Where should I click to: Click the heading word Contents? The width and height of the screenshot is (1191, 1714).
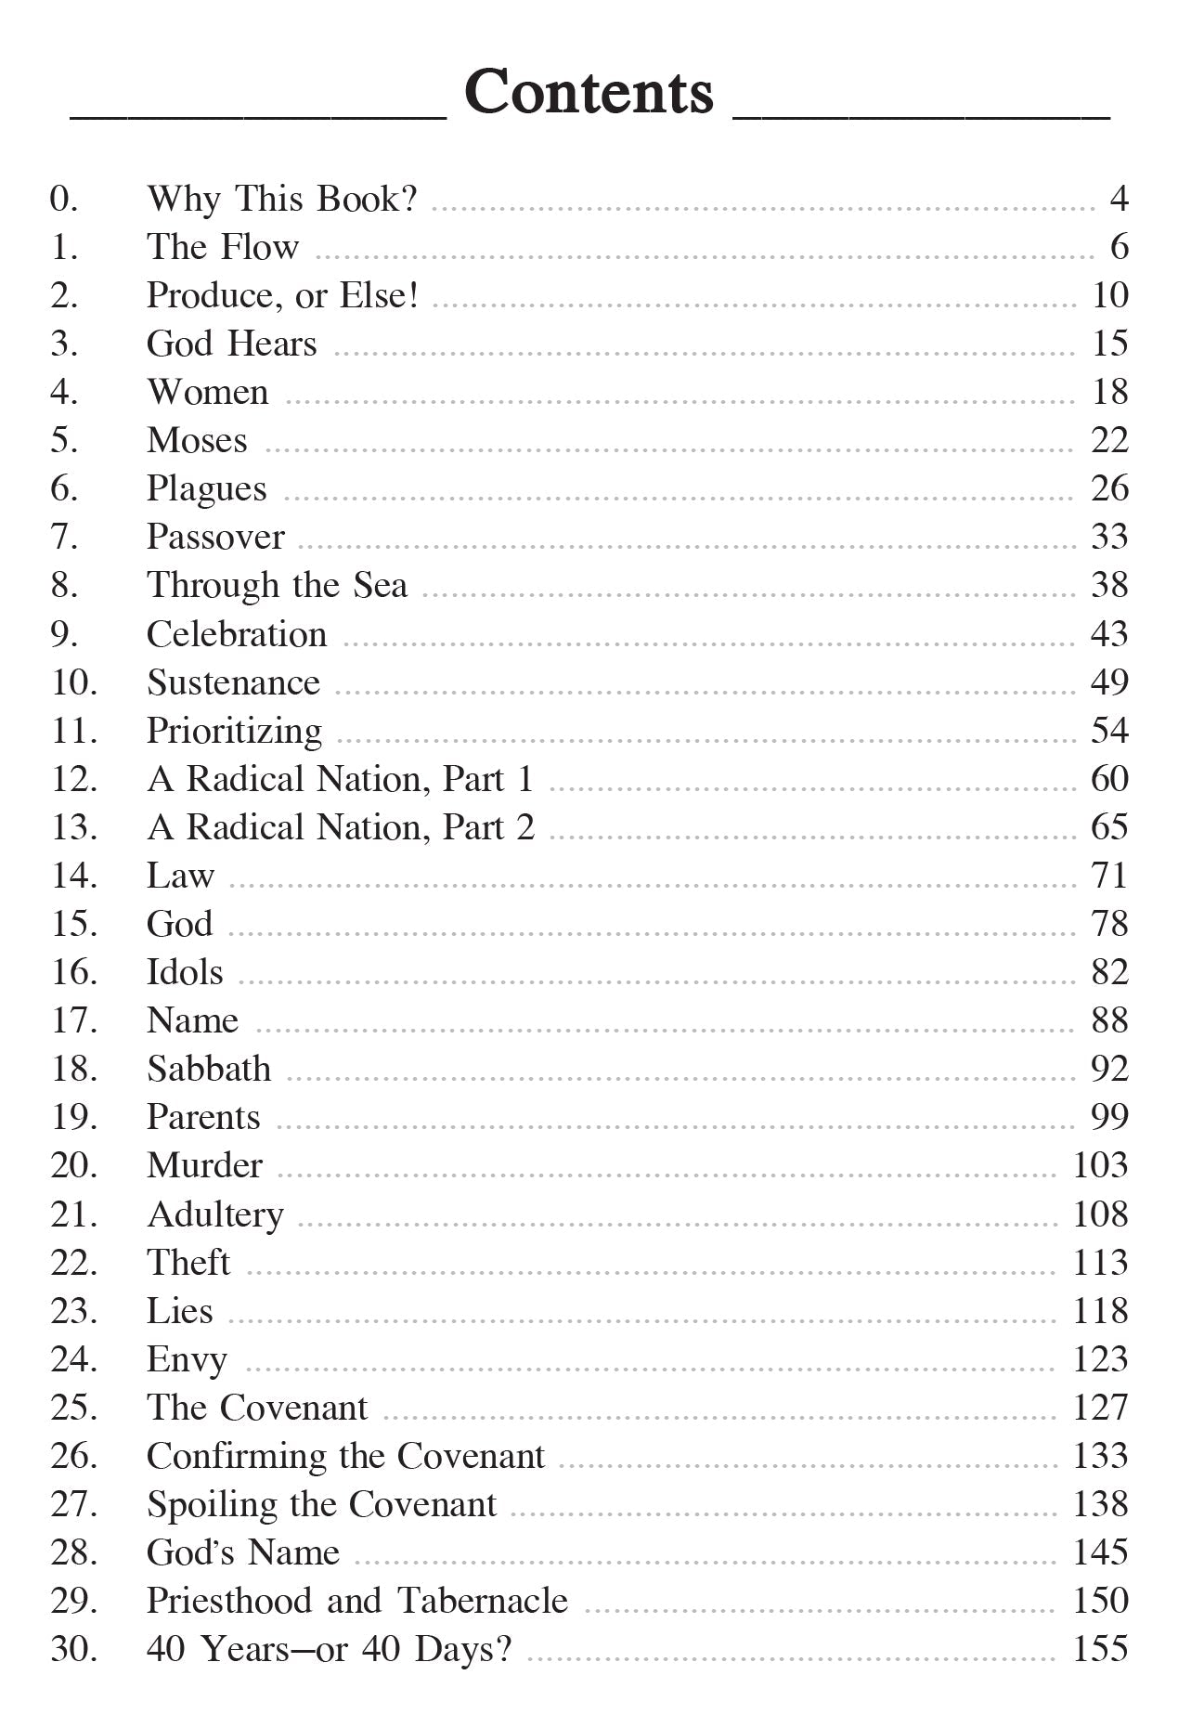pos(589,93)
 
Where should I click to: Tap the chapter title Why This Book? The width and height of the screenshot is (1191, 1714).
pos(282,199)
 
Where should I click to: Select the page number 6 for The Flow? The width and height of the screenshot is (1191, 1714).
pos(1119,247)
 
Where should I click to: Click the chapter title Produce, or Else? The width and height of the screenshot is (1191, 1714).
pos(282,295)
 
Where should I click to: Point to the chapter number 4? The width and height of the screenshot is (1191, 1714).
pos(64,392)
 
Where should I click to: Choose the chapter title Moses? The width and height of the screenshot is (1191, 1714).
pos(197,440)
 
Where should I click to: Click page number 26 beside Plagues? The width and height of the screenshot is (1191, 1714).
pos(1109,488)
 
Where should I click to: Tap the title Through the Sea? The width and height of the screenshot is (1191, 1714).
pos(277,586)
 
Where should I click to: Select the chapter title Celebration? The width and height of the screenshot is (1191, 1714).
pos(237,634)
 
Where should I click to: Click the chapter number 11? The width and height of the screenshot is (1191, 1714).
pos(73,731)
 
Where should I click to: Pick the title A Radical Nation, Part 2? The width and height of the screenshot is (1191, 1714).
pos(341,827)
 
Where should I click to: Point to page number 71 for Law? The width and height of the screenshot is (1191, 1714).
pos(1109,876)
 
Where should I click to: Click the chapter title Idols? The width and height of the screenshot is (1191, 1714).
pos(185,972)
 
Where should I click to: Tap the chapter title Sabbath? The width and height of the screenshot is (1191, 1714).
pos(209,1069)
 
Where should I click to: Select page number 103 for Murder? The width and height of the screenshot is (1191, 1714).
pos(1100,1165)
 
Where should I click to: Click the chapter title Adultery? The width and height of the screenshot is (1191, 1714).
pos(215,1214)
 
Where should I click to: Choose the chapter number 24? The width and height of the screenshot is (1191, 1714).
pos(73,1359)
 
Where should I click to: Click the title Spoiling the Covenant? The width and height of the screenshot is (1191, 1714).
pos(321,1504)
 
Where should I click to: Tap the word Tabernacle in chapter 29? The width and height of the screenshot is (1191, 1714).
pos(483,1601)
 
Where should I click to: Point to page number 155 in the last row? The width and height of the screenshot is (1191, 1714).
pos(1100,1649)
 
